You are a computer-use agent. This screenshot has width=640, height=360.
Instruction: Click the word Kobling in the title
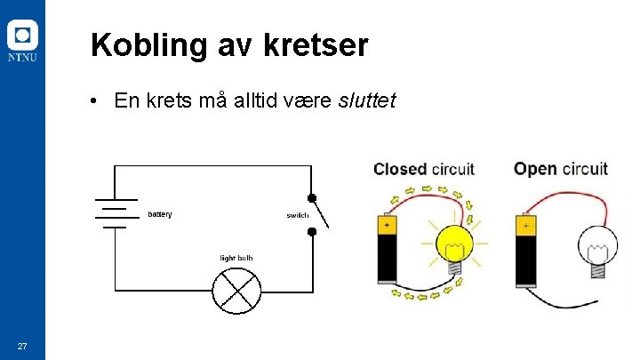148,45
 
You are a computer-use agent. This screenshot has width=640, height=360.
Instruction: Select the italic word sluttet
368,100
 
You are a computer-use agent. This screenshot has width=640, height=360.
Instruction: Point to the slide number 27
22,346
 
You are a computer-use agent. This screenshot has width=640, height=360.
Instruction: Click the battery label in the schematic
160,214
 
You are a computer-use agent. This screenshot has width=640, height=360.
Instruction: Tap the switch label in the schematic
298,216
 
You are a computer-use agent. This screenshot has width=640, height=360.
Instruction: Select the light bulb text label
236,258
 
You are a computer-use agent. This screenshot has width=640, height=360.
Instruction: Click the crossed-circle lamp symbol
236,290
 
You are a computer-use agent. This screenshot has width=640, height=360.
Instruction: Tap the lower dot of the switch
311,232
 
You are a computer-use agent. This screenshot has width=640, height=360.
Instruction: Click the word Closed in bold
398,169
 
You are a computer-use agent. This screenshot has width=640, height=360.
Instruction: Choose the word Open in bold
535,169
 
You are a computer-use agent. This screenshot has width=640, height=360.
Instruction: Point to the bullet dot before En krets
93,100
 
